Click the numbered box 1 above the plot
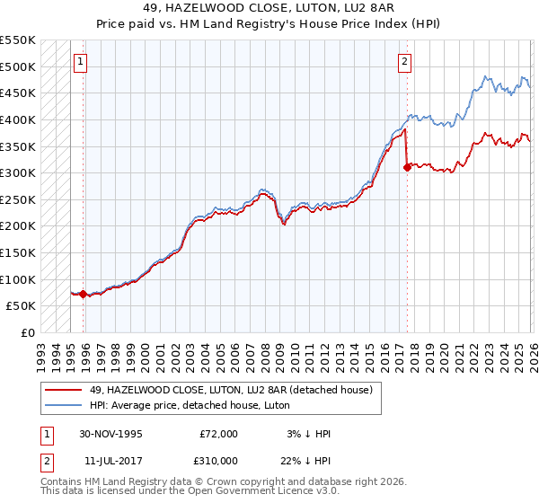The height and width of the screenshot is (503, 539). tap(82, 62)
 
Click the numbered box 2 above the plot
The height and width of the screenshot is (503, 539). tap(405, 62)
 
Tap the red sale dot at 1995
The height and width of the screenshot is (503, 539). tap(84, 294)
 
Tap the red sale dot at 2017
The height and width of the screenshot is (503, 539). tap(407, 166)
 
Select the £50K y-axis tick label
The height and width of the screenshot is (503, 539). tap(22, 306)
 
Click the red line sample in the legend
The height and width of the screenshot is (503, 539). tap(63, 389)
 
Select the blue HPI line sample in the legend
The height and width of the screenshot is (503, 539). tap(63, 405)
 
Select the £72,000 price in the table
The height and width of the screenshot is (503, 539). tap(219, 433)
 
